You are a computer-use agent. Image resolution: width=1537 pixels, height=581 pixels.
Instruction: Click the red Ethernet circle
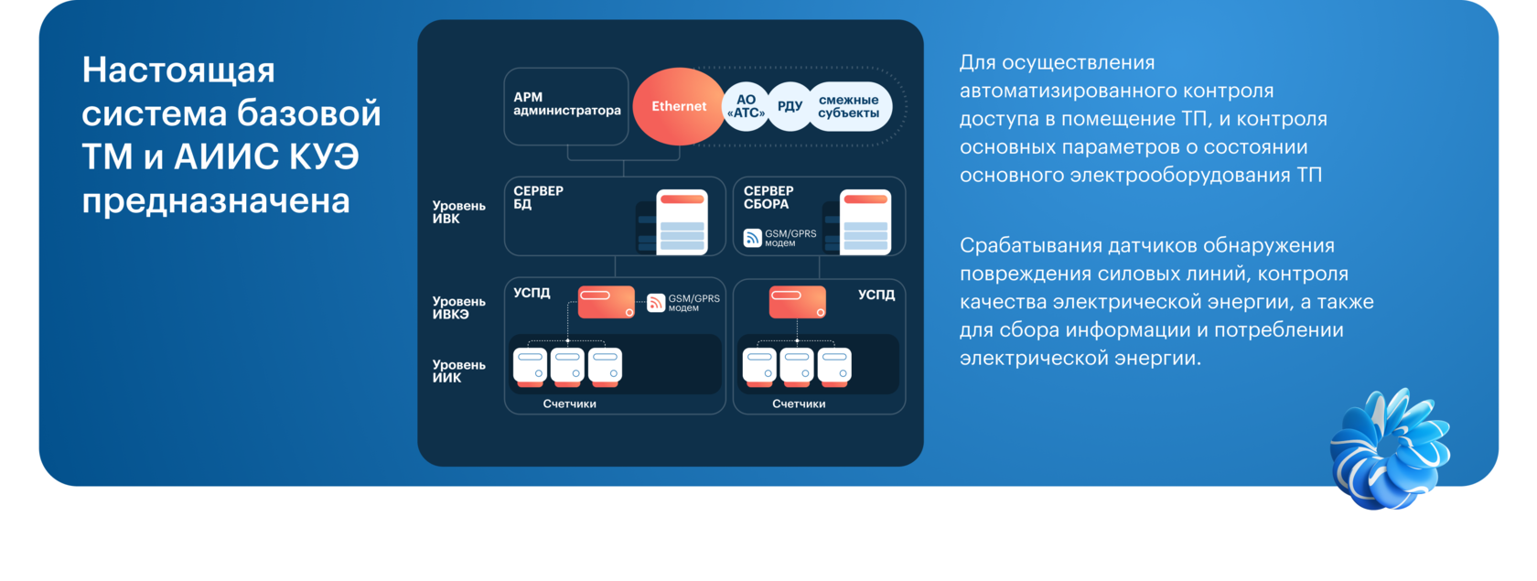pyautogui.click(x=678, y=106)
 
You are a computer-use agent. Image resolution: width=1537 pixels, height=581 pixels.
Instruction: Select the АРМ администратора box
pyautogui.click(x=566, y=105)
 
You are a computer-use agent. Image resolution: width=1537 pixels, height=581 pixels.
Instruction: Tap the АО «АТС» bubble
pyautogui.click(x=746, y=107)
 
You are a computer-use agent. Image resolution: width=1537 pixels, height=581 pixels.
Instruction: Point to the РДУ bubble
pyautogui.click(x=790, y=106)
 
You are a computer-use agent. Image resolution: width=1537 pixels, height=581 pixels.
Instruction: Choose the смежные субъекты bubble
pyautogui.click(x=848, y=107)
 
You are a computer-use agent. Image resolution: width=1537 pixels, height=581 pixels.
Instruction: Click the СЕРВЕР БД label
pyautogui.click(x=538, y=198)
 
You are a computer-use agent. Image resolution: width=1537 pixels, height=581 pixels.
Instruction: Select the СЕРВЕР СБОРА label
pyautogui.click(x=768, y=198)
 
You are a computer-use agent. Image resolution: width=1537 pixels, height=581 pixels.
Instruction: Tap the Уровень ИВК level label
pyautogui.click(x=458, y=212)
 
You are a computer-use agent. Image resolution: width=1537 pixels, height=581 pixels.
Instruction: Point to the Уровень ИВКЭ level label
pyautogui.click(x=458, y=307)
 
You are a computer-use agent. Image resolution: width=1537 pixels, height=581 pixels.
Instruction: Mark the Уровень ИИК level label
pyautogui.click(x=458, y=371)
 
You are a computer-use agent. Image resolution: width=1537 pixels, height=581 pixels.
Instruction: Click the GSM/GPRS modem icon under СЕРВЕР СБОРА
pyautogui.click(x=752, y=238)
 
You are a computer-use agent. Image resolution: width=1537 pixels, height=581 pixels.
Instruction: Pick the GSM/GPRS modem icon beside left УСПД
pyautogui.click(x=656, y=303)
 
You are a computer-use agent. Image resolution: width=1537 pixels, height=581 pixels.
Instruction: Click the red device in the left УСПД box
pyautogui.click(x=606, y=302)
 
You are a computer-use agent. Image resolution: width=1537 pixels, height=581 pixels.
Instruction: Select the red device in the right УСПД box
pyautogui.click(x=797, y=302)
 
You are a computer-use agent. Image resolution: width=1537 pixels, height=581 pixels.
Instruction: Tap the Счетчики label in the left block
pyautogui.click(x=569, y=403)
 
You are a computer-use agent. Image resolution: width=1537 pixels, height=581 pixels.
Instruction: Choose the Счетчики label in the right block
pyautogui.click(x=799, y=403)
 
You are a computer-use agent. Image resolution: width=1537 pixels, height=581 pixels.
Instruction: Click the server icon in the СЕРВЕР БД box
pyautogui.click(x=682, y=221)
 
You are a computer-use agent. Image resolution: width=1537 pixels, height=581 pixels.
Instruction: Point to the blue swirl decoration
pyautogui.click(x=1389, y=448)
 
